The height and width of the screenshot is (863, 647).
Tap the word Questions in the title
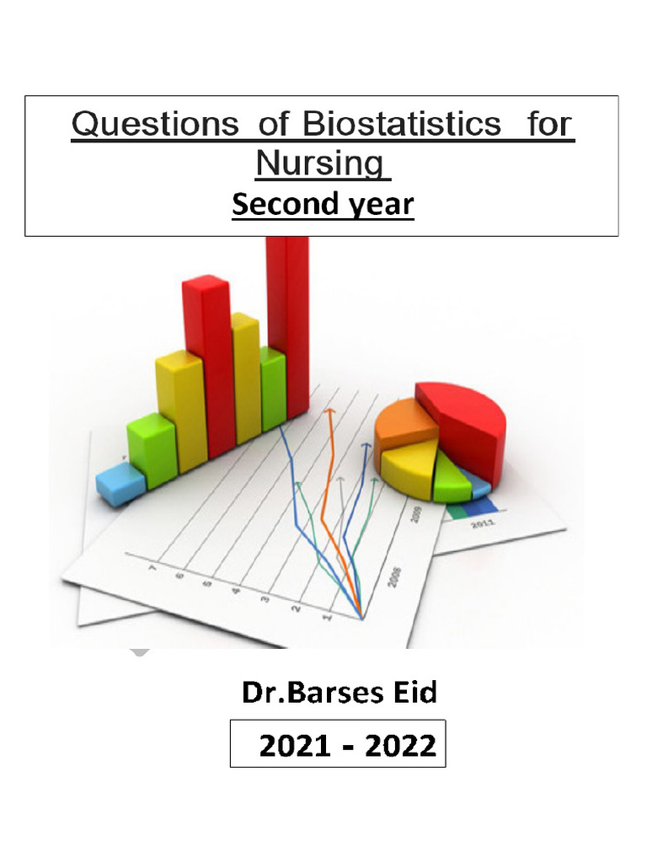(155, 126)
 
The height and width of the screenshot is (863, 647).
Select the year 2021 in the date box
(296, 745)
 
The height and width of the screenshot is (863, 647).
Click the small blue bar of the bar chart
(120, 485)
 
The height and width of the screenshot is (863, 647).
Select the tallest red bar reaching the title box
(288, 320)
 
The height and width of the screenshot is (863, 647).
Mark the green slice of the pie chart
(451, 481)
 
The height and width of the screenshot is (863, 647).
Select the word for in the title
(549, 126)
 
